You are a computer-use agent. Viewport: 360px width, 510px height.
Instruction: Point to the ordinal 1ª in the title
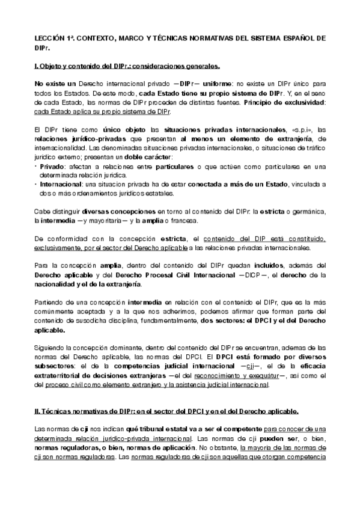69,37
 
